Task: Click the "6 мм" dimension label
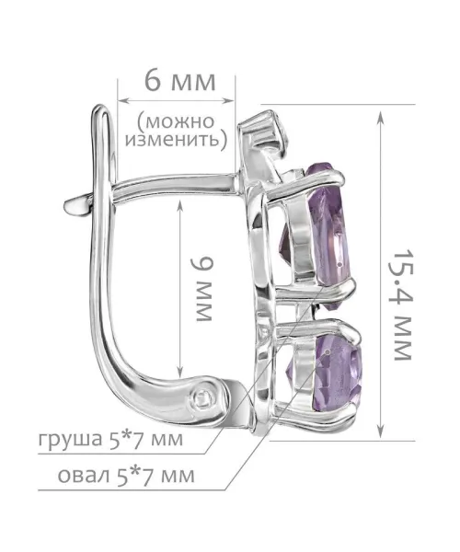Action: point(179,82)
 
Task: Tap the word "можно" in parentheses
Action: point(179,121)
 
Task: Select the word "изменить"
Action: point(172,140)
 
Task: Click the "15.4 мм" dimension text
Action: point(402,305)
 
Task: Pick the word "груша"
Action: point(70,440)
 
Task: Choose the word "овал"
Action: point(84,476)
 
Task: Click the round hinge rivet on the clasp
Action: point(203,398)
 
